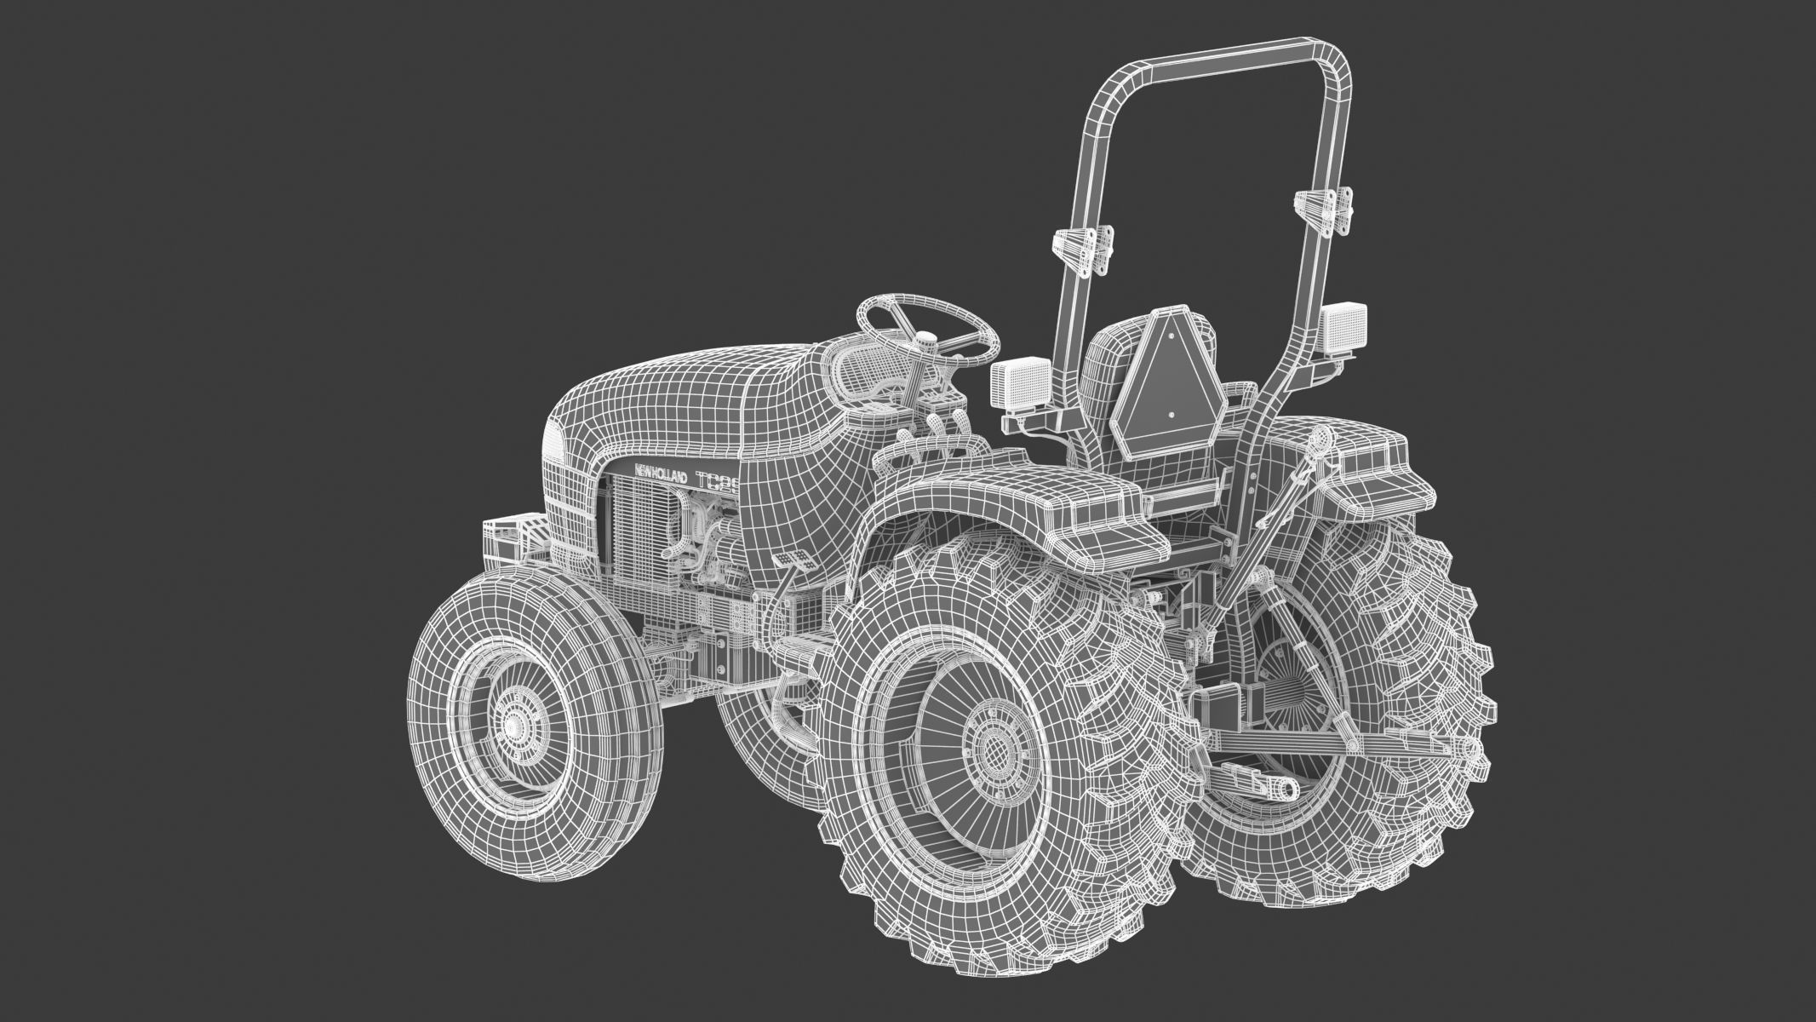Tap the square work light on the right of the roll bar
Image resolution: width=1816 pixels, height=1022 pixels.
[1344, 328]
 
